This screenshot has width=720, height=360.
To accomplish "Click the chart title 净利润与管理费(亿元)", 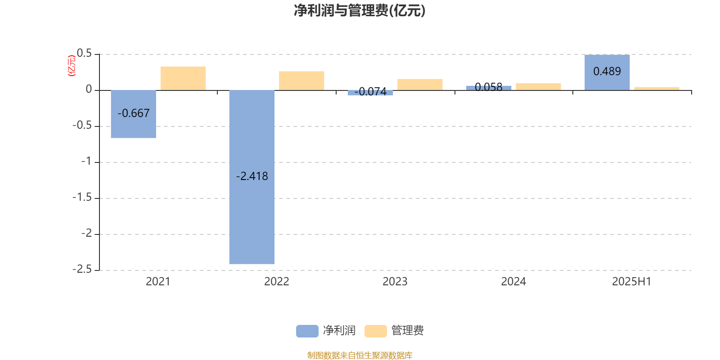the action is click(x=360, y=11).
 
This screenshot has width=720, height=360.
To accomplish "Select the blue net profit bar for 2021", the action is click(x=133, y=114).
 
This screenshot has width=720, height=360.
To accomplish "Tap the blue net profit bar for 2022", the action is click(x=252, y=177).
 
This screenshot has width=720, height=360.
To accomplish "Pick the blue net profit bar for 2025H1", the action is click(x=607, y=72).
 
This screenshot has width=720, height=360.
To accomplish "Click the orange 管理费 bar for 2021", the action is click(x=183, y=78).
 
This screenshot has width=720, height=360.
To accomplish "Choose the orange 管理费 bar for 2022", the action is click(x=301, y=81).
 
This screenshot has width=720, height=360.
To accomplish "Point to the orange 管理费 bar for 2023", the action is click(x=420, y=85).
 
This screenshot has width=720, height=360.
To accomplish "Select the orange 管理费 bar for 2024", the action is click(x=538, y=87).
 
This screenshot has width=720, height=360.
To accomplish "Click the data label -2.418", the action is click(x=252, y=176).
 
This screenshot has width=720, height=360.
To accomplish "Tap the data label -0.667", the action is click(x=133, y=113).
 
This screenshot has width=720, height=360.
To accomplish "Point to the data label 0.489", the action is click(x=607, y=72).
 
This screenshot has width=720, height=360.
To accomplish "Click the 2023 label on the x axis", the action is click(x=395, y=282).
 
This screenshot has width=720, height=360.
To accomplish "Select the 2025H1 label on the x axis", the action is click(x=631, y=282).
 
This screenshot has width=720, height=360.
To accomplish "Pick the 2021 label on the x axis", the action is click(x=158, y=282).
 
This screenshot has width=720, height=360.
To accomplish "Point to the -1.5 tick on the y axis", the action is click(x=82, y=198).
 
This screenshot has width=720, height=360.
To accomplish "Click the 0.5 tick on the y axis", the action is click(x=84, y=54).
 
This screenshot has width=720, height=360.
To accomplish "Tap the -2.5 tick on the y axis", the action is click(x=82, y=270).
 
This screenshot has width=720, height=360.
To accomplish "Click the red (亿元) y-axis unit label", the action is click(x=72, y=66).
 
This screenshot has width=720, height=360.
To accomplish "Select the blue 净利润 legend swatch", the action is click(x=307, y=331).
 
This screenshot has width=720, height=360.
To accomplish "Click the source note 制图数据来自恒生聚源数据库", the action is click(x=360, y=355).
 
